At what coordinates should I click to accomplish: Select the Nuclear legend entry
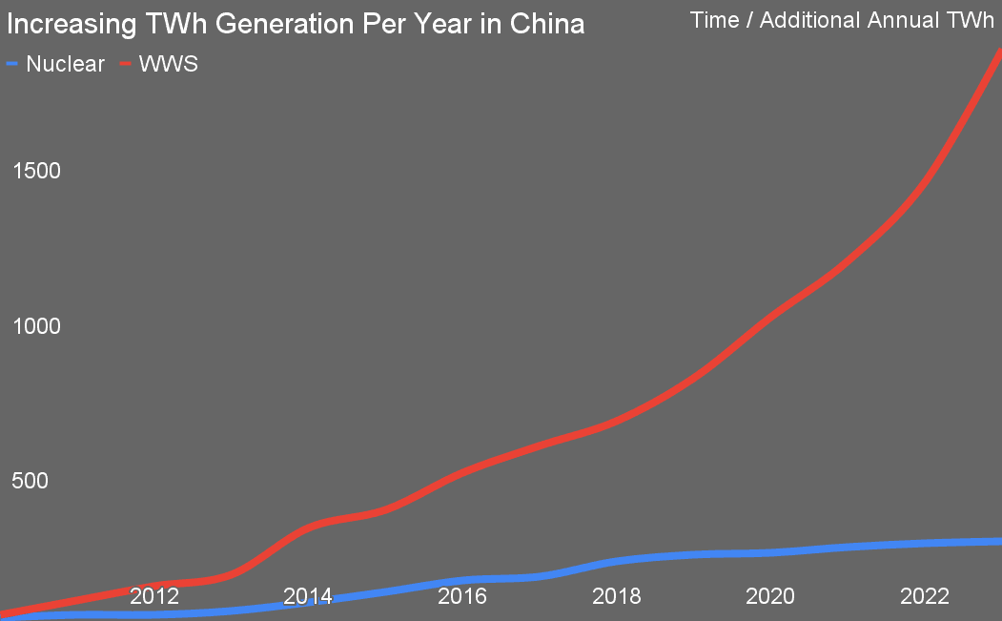pos(65,65)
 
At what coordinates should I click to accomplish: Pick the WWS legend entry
pos(169,65)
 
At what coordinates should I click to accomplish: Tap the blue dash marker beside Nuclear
pos(12,65)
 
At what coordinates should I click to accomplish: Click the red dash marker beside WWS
pos(125,65)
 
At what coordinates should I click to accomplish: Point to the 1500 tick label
pos(36,172)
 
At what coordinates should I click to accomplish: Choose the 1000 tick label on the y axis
pos(36,326)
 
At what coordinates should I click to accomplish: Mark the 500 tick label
pos(30,481)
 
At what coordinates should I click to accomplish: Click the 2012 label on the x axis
pos(154,597)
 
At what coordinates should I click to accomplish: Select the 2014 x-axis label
pos(308,597)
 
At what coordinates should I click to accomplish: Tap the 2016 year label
pos(462,597)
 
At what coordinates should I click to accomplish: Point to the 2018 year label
pos(616,597)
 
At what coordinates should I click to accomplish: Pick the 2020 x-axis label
pos(770,597)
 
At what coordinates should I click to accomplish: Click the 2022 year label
pos(924,597)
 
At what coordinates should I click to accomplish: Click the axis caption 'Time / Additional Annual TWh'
pos(842,20)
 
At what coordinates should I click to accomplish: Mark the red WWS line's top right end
pos(998,52)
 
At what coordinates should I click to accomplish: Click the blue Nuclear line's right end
pos(998,542)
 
